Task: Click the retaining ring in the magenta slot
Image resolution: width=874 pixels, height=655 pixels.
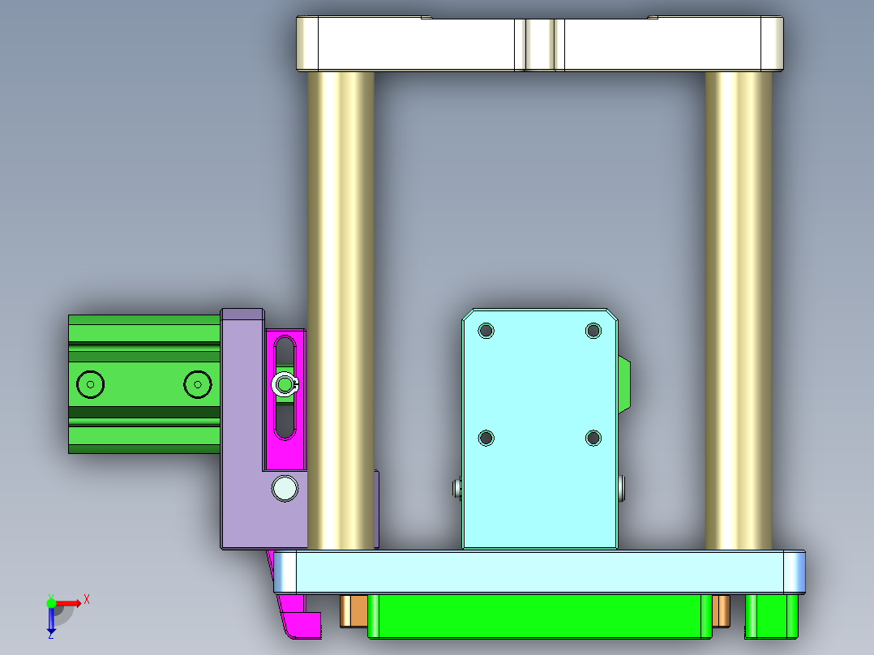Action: tap(285, 386)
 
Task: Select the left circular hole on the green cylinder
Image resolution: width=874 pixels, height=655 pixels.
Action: tap(90, 384)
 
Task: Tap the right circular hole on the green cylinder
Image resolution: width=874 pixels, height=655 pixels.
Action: tap(197, 384)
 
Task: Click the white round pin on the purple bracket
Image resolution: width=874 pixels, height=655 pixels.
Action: tap(285, 487)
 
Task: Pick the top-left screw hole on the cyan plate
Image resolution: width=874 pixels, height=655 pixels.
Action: tap(486, 331)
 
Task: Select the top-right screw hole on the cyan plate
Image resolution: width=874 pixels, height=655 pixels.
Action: tap(593, 331)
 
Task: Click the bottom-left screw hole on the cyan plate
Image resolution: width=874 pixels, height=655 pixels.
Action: tap(486, 438)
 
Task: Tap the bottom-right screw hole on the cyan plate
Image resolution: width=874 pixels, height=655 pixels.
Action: tap(593, 438)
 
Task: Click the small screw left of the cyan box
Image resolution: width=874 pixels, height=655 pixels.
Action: tap(456, 487)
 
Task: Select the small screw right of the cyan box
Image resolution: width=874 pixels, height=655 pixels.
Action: tap(622, 487)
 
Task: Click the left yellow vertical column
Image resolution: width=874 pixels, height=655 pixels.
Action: tap(341, 308)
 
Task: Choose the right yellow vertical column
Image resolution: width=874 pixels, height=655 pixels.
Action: tap(738, 308)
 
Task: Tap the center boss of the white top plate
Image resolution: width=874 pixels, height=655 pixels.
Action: tap(539, 44)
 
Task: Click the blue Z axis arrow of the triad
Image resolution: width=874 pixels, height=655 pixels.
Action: tap(51, 621)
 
